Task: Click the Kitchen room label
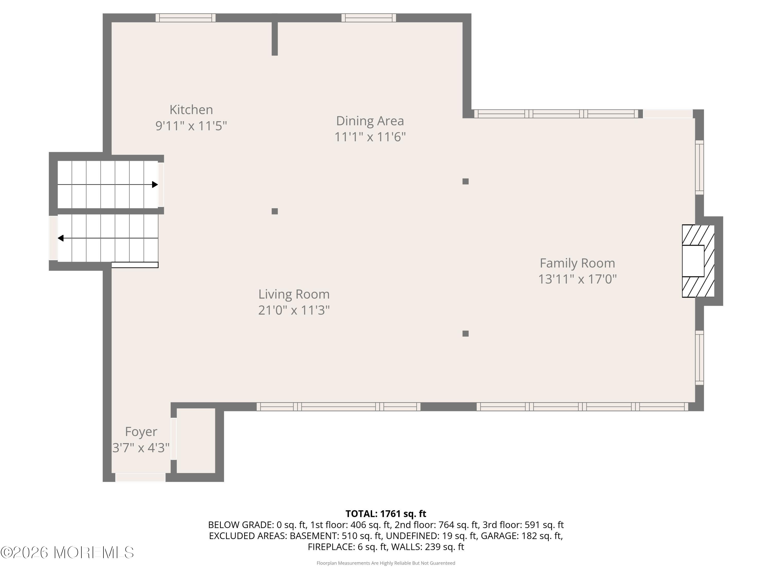pyautogui.click(x=191, y=110)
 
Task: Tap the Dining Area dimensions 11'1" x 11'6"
pyautogui.click(x=370, y=137)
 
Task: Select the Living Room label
pyautogui.click(x=294, y=294)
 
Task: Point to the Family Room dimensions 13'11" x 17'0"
pyautogui.click(x=577, y=279)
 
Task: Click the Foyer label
pyautogui.click(x=141, y=432)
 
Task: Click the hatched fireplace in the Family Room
pyautogui.click(x=698, y=261)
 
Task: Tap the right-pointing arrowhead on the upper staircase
pyautogui.click(x=155, y=185)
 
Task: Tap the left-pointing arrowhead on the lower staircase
pyautogui.click(x=61, y=238)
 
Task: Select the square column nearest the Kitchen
pyautogui.click(x=275, y=211)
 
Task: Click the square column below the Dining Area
pyautogui.click(x=465, y=181)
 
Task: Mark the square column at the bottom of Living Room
pyautogui.click(x=465, y=334)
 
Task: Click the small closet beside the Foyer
pyautogui.click(x=196, y=441)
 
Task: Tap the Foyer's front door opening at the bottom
pyautogui.click(x=140, y=477)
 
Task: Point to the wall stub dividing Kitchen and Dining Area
pyautogui.click(x=275, y=38)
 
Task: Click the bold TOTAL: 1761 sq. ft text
pyautogui.click(x=386, y=514)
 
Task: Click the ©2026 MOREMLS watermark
pyautogui.click(x=67, y=552)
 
